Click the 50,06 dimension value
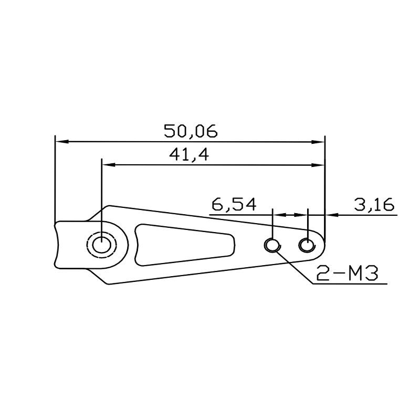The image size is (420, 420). pyautogui.click(x=191, y=131)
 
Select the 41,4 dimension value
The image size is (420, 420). pyautogui.click(x=189, y=154)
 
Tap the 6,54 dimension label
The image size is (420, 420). pyautogui.click(x=234, y=204)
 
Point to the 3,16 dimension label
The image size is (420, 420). pyautogui.click(x=374, y=204)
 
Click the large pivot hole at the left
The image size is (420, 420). pyautogui.click(x=101, y=245)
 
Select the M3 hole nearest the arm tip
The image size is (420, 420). pyautogui.click(x=307, y=245)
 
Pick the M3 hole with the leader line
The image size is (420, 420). pyautogui.click(x=272, y=245)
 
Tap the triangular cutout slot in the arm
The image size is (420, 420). pyautogui.click(x=185, y=245)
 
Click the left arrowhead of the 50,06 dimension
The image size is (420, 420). pyautogui.click(x=61, y=141)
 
